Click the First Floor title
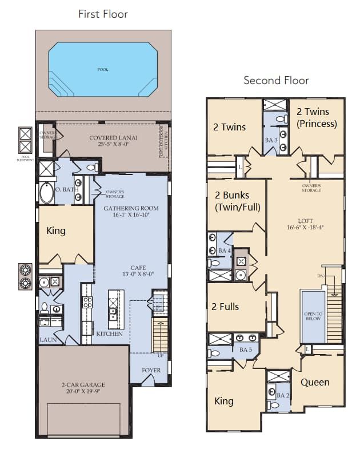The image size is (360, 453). (103, 14)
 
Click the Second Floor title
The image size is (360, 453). (276, 80)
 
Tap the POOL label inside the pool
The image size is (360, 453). (103, 69)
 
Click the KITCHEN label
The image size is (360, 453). (109, 333)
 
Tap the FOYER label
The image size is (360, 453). (151, 370)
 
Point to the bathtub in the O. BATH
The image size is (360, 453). (47, 193)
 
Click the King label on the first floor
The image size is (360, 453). (56, 231)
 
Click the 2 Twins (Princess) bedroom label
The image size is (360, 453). (317, 118)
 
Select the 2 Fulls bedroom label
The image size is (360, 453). (225, 307)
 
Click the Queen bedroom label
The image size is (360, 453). (315, 382)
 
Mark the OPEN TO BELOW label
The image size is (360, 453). (313, 316)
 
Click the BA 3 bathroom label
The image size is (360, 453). (271, 140)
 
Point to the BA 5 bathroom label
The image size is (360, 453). (246, 349)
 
